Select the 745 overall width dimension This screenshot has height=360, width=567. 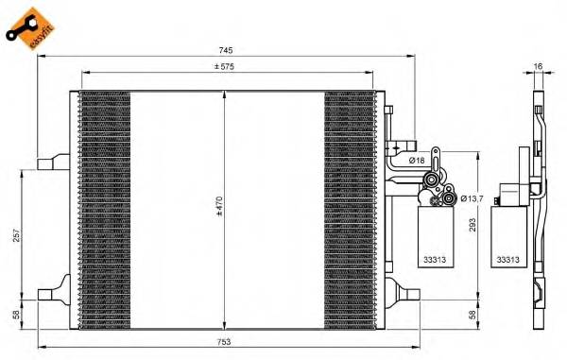coord(226,49)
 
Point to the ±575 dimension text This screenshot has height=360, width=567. coord(225,65)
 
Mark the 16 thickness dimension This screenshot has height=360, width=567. coord(538,67)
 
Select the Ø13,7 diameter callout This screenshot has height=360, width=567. coord(472,197)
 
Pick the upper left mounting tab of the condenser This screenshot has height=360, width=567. coord(49,164)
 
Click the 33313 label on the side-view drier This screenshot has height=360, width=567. coord(507,256)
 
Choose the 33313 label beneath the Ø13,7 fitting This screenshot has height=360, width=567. coord(436,256)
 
